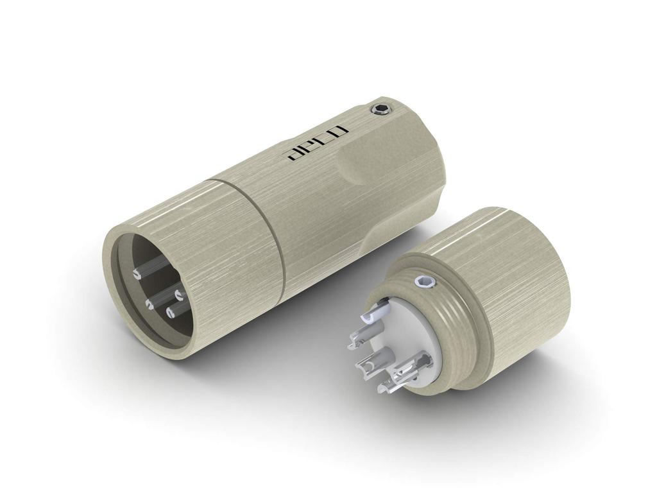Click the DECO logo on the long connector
point(317,142)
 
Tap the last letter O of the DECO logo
point(338,132)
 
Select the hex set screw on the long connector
point(381,110)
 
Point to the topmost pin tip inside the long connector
point(137,273)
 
